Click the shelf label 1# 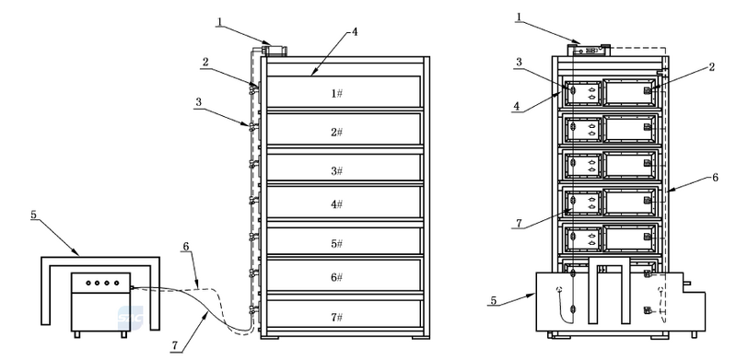coord(336,93)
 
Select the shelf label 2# coord(336,132)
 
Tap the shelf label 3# coord(336,170)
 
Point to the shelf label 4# coord(336,204)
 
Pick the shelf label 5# coord(336,243)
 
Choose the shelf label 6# coord(336,277)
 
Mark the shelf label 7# coord(336,317)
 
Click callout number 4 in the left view coord(355,32)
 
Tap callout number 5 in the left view coord(33,215)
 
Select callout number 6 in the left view coord(186,246)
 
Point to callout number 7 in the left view coord(174,346)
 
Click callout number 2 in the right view coord(712,66)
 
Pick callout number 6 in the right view coord(715,177)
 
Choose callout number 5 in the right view coord(493,300)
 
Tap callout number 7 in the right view coord(519,223)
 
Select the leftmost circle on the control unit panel coord(88,283)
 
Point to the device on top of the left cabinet coord(274,51)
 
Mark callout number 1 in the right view coord(519,17)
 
